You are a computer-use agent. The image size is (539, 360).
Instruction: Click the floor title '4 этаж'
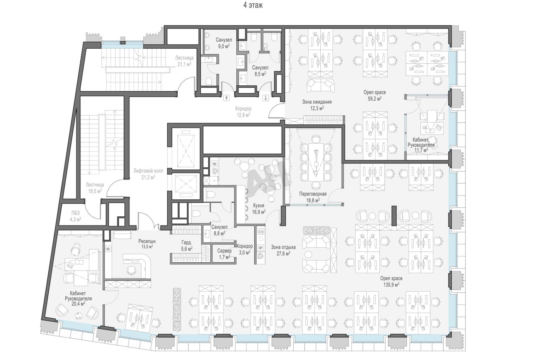(x=253, y=5)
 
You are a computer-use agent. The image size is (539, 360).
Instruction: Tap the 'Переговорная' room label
(x=313, y=194)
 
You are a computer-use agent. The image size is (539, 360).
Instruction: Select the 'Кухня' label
(x=258, y=205)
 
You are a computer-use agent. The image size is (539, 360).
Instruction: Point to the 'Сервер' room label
(x=224, y=251)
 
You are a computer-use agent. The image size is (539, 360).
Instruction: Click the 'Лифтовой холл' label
(x=148, y=171)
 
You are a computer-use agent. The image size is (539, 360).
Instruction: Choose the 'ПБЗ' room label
(x=75, y=213)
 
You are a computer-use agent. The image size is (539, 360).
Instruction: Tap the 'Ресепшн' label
(x=147, y=241)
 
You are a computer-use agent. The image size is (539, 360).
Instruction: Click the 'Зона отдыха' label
(x=283, y=247)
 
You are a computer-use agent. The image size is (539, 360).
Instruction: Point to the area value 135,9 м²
(x=391, y=285)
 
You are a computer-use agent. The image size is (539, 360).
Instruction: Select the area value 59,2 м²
(x=374, y=98)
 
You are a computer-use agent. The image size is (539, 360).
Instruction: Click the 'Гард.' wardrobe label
(x=187, y=243)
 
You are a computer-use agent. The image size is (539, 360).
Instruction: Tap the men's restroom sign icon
(x=227, y=98)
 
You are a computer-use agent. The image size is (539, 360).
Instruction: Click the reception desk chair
(x=131, y=270)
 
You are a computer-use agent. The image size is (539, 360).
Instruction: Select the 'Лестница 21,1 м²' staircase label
(x=184, y=61)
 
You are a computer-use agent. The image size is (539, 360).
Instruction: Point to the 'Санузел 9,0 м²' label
(x=224, y=43)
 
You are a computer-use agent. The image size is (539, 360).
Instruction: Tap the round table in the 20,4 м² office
(x=78, y=316)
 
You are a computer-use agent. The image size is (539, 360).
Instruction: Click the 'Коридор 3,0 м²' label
(x=245, y=249)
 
